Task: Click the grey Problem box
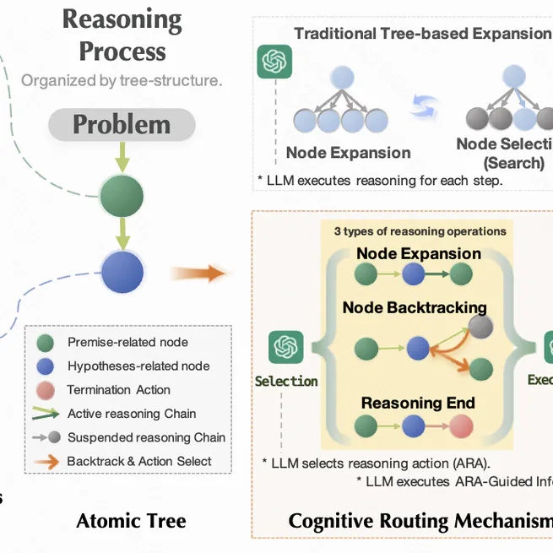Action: (x=122, y=125)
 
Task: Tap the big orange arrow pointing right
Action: (x=200, y=273)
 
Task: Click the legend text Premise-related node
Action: (x=127, y=343)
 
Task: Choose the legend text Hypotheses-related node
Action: (x=138, y=366)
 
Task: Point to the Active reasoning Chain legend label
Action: (x=132, y=414)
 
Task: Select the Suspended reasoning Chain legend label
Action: (x=146, y=437)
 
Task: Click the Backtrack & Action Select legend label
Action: (x=139, y=461)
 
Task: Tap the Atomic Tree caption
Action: (x=131, y=520)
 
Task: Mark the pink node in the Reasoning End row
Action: (x=461, y=426)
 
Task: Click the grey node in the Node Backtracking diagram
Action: (x=480, y=328)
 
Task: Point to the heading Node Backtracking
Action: (x=415, y=307)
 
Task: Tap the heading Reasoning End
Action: (x=418, y=403)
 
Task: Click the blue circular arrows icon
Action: (x=426, y=107)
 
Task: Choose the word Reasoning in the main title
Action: (x=122, y=18)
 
